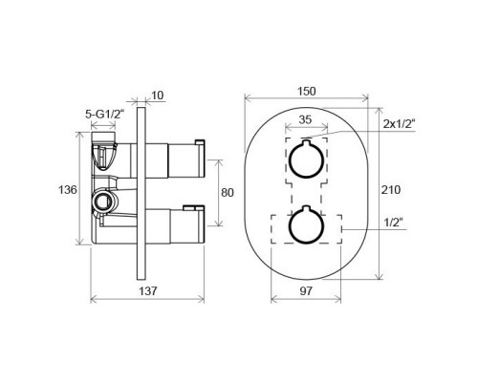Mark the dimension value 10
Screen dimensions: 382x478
point(158,95)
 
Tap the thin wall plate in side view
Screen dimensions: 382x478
point(144,191)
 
